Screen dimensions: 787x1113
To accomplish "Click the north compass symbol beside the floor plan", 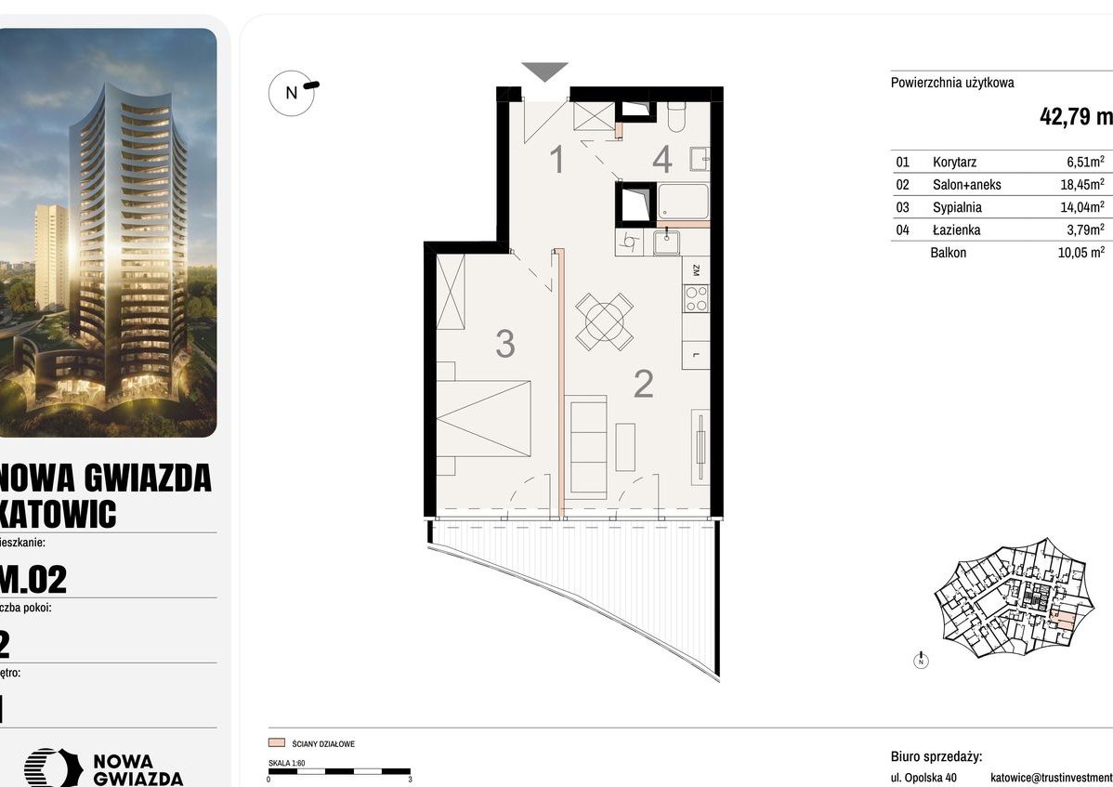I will tap(292, 92).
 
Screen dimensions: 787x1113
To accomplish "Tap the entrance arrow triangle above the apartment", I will tap(544, 72).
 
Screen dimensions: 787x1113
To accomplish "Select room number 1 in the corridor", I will tap(557, 161).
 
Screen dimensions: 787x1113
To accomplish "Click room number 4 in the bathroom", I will tap(661, 160).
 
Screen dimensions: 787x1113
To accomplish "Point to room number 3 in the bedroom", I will tap(504, 344).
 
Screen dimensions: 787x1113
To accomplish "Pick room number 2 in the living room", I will tap(643, 383).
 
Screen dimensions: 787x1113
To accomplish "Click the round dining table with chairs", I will tap(604, 321).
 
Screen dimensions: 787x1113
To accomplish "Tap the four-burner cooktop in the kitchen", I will tap(695, 299).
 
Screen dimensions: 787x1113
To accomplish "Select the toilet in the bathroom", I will tap(675, 116).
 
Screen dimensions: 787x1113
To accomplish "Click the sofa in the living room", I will tap(586, 445).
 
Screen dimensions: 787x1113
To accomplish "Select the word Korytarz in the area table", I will tap(955, 162).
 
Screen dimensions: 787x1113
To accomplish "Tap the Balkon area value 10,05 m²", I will tap(1081, 253).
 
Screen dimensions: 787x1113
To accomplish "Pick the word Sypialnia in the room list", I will tap(957, 207).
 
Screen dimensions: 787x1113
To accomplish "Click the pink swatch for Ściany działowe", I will tap(276, 743).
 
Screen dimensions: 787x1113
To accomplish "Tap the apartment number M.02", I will tap(33, 580).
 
